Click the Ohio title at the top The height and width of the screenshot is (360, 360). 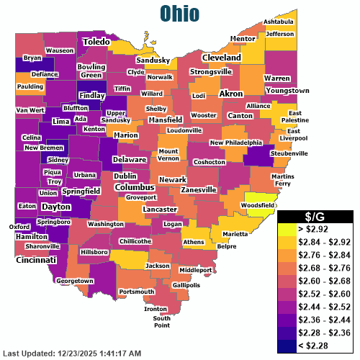pyautogui.click(x=180, y=12)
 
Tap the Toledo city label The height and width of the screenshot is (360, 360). pyautogui.click(x=96, y=42)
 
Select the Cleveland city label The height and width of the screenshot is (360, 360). pyautogui.click(x=221, y=57)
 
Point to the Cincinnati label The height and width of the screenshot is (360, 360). pyautogui.click(x=38, y=259)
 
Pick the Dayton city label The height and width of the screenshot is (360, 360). pyautogui.click(x=55, y=207)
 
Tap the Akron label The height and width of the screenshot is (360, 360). pyautogui.click(x=231, y=94)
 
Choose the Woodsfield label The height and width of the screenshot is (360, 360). pyautogui.click(x=258, y=205)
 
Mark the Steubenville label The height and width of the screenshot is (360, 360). pyautogui.click(x=289, y=153)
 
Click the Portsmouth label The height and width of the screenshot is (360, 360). pyautogui.click(x=136, y=291)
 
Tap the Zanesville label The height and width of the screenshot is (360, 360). pyautogui.click(x=199, y=189)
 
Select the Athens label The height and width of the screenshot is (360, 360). pyautogui.click(x=194, y=242)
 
